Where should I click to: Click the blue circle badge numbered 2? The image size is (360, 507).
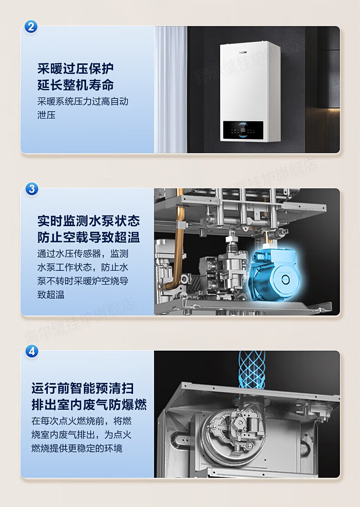31,26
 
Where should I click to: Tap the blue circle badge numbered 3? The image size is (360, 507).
31,188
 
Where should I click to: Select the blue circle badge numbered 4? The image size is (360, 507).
31,351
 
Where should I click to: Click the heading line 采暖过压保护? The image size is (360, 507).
75,68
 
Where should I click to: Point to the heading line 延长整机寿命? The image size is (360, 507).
75,85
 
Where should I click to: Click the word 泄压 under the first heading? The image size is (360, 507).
46,115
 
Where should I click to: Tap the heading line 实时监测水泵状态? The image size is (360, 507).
88,221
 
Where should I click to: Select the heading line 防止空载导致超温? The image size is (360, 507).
88,238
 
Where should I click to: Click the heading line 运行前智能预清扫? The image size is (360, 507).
82,388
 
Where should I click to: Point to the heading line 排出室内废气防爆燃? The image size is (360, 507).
89,404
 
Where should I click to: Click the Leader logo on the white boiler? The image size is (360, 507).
243,52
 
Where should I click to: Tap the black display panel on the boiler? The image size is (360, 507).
243,130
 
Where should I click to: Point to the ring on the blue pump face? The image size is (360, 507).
286,279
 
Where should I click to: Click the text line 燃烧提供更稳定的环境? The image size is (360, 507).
77,448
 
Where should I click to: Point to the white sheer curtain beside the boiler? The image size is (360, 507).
170,89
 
